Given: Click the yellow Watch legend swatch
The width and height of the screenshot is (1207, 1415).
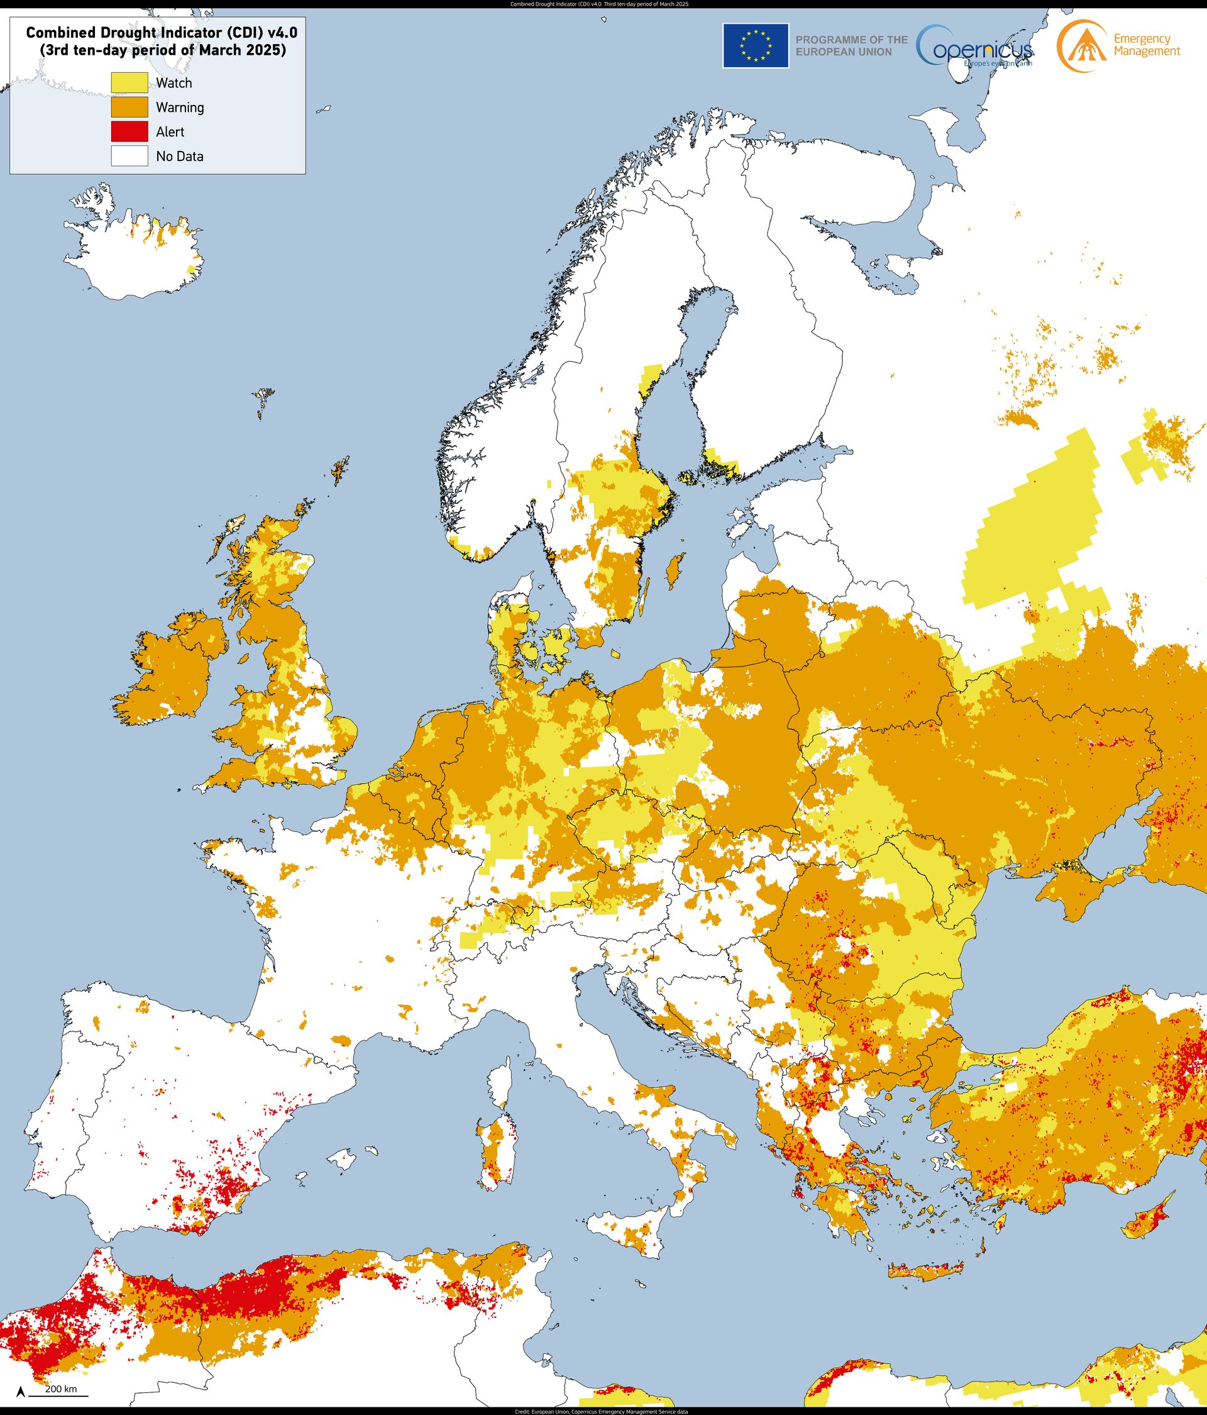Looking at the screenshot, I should coord(130,82).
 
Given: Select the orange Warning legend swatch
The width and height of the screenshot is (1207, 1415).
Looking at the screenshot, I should coord(130,107).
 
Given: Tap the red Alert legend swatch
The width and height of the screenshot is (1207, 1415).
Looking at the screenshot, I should coord(130,132).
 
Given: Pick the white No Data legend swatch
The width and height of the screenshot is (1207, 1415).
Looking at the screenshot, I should coord(130,157).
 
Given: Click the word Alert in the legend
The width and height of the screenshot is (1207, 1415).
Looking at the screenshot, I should coord(170,132).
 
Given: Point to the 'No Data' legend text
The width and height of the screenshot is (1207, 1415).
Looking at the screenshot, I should coord(180,157).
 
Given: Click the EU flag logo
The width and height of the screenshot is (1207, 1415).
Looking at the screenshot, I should coord(756,46).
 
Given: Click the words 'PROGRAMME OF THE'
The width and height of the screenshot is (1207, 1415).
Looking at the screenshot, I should coord(851,40).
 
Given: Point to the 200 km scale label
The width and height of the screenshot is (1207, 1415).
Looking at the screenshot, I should coord(61,1389).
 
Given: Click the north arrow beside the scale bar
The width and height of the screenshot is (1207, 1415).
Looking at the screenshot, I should coord(22,1390).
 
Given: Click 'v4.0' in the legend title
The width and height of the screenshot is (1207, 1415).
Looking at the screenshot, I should coord(279,31).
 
